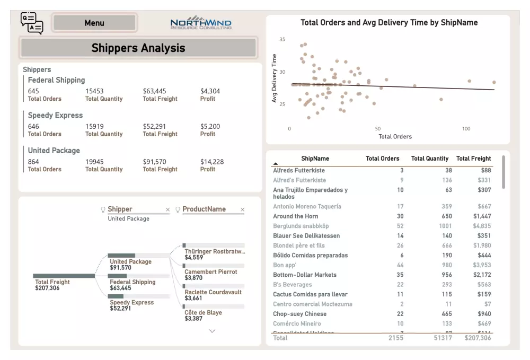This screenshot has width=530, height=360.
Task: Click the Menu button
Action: (94, 23)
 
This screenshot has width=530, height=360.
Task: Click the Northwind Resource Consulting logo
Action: (201, 23)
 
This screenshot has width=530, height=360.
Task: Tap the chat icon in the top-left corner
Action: (31, 23)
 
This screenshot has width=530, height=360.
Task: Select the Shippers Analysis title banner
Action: (138, 48)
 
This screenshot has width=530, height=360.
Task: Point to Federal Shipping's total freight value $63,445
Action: (154, 91)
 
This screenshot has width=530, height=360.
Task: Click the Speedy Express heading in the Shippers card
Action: (55, 116)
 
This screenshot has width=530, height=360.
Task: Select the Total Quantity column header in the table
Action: (429, 159)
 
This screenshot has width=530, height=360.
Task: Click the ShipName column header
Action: (315, 159)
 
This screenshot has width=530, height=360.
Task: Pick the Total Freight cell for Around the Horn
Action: (482, 216)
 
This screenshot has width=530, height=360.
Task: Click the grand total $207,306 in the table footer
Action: (478, 338)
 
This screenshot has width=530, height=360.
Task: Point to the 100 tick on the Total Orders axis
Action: (466, 129)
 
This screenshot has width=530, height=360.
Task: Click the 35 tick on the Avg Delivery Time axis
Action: (282, 40)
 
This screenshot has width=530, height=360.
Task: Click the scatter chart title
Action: (388, 23)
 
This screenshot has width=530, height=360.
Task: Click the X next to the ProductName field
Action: (242, 210)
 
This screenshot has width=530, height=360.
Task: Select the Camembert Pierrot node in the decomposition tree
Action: (210, 271)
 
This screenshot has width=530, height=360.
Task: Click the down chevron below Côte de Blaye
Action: (213, 331)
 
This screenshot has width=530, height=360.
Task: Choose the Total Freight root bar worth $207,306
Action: (64, 276)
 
